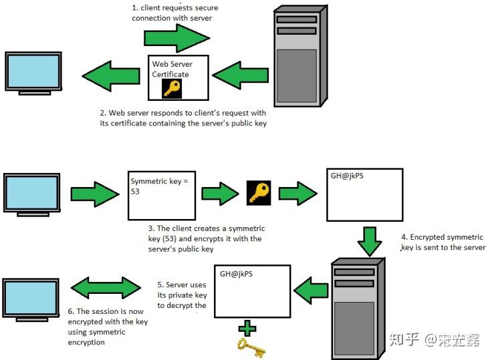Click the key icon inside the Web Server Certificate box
[172, 87]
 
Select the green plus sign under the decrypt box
[247, 327]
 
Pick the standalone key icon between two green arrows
[259, 192]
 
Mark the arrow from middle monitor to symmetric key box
[94, 194]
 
